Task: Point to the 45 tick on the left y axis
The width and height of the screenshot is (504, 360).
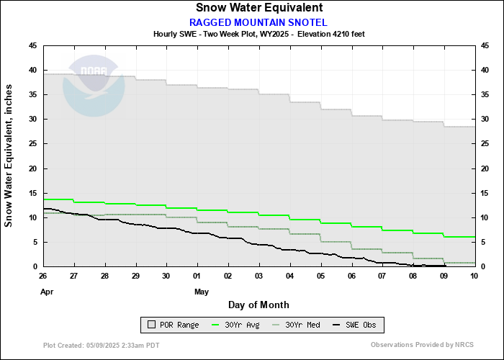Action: tap(33, 45)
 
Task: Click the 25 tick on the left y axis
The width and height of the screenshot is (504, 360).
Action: tap(33, 144)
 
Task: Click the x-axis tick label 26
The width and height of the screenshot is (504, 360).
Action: tap(43, 276)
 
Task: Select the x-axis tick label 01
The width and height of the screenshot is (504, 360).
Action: tap(197, 276)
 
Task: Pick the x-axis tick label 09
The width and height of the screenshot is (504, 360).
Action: tap(444, 276)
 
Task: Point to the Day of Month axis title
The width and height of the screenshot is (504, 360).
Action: tap(258, 305)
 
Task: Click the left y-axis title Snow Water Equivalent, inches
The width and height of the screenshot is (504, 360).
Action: tap(9, 156)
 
